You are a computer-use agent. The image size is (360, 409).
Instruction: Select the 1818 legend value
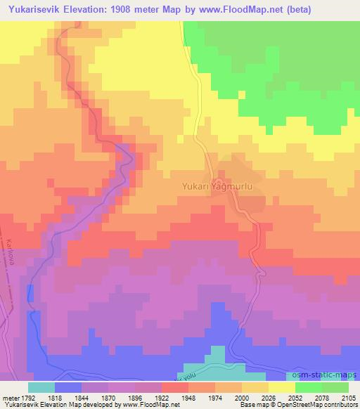tap(54, 397)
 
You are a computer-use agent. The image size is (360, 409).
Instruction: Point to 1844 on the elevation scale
tap(82, 397)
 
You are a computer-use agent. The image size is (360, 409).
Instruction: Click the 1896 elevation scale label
tap(135, 397)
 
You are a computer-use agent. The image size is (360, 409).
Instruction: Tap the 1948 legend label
tap(189, 397)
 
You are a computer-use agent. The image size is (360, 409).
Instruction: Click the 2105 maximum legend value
tap(347, 397)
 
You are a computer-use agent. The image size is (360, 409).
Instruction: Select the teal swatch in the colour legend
tap(41, 387)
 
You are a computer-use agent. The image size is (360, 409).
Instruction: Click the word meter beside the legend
tap(9, 397)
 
